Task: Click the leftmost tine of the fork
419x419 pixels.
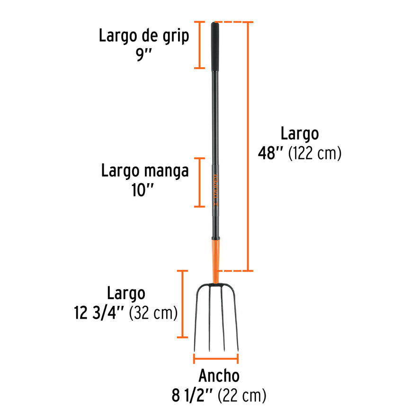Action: click(196, 317)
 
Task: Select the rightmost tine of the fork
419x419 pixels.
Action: click(236, 317)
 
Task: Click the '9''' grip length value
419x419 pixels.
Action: click(143, 55)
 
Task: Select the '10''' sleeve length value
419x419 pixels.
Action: click(144, 191)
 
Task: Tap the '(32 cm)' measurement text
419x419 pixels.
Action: click(153, 313)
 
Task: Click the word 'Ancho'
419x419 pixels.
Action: click(219, 376)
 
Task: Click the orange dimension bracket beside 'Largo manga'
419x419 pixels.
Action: click(200, 182)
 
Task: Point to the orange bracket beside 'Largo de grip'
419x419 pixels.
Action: click(200, 45)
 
